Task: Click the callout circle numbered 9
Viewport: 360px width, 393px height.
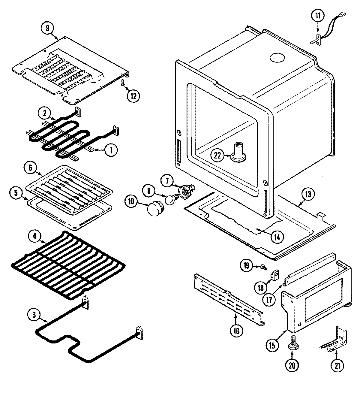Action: [x=47, y=29]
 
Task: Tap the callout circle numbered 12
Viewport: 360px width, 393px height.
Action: [x=133, y=96]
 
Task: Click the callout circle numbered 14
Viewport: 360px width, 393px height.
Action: [x=277, y=237]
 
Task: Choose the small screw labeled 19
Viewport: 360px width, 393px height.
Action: [x=262, y=266]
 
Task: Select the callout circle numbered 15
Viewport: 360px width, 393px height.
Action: [x=272, y=346]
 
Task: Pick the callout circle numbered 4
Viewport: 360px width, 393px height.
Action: [x=35, y=236]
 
